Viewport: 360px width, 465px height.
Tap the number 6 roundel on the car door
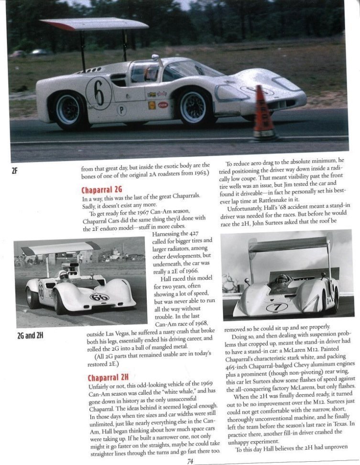(x=99, y=93)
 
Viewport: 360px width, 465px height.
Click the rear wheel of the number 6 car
(x=69, y=109)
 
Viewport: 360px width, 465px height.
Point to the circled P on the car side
(x=122, y=110)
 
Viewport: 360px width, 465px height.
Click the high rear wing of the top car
(x=94, y=23)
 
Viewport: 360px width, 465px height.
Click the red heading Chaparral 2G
(x=102, y=189)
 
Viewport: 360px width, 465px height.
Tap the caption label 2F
(x=14, y=170)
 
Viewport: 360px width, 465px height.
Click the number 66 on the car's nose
(x=99, y=297)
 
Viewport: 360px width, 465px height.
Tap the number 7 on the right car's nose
(x=277, y=307)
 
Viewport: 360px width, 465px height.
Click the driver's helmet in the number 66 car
(x=64, y=275)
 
